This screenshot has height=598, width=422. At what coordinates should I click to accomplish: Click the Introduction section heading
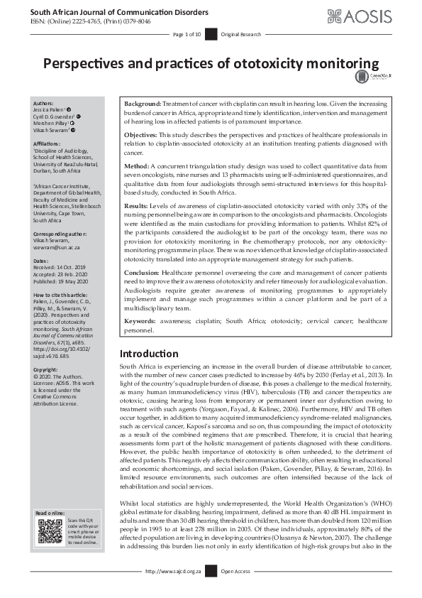click(149, 354)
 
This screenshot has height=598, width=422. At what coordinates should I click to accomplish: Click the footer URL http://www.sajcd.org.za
click(173, 590)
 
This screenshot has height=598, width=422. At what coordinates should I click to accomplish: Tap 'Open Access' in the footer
click(237, 590)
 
